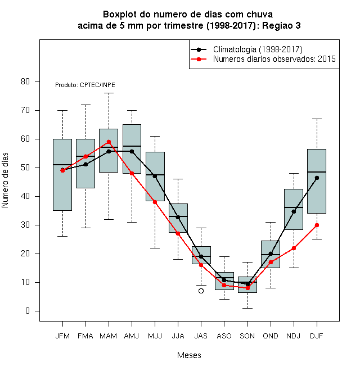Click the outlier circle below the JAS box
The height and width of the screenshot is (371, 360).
[201, 291]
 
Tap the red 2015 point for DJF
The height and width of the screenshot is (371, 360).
[317, 225]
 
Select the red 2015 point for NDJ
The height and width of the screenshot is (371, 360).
[294, 248]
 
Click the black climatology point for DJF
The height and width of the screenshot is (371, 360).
[317, 178]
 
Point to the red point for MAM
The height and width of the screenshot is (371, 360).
[109, 142]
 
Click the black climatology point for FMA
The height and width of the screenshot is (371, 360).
[85, 164]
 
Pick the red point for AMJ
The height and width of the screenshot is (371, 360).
[132, 173]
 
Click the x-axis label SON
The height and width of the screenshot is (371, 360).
[247, 336]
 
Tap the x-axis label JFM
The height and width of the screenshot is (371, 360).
[62, 336]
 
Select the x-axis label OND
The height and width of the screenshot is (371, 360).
[270, 336]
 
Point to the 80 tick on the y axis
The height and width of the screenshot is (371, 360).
[25, 82]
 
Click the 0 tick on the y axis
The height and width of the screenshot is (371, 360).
[28, 311]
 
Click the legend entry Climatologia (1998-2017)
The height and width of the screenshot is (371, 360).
[258, 49]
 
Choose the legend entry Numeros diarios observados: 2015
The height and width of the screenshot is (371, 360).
[274, 59]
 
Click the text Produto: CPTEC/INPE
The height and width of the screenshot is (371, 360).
[85, 85]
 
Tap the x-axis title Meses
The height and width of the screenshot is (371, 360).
[189, 355]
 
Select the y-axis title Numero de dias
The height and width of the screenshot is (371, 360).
[5, 180]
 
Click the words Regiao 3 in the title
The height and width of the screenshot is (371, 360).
[281, 25]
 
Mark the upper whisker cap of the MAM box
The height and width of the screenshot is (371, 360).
[109, 93]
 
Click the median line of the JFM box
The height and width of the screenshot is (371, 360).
[62, 165]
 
